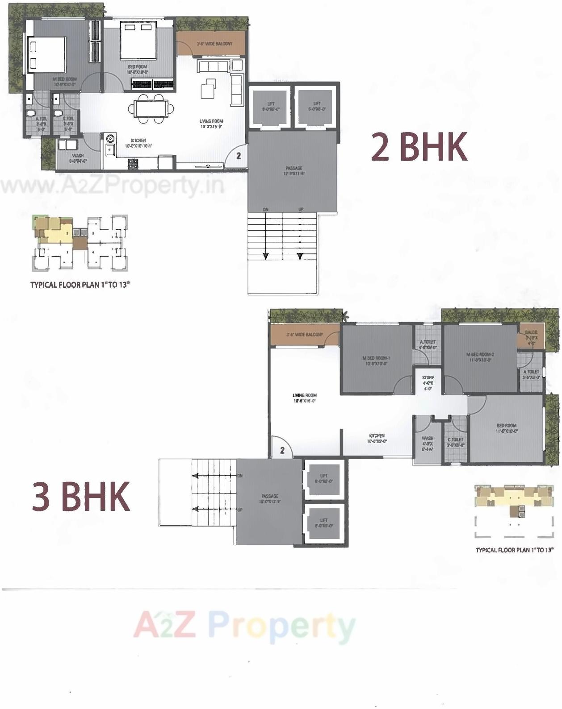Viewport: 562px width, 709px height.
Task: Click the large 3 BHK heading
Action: [81, 496]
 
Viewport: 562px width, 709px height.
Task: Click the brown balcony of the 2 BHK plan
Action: [210, 43]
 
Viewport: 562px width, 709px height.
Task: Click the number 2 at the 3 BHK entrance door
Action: [282, 450]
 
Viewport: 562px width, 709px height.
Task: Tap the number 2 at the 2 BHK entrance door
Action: [239, 156]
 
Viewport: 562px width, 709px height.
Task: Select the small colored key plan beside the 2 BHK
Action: [80, 244]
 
